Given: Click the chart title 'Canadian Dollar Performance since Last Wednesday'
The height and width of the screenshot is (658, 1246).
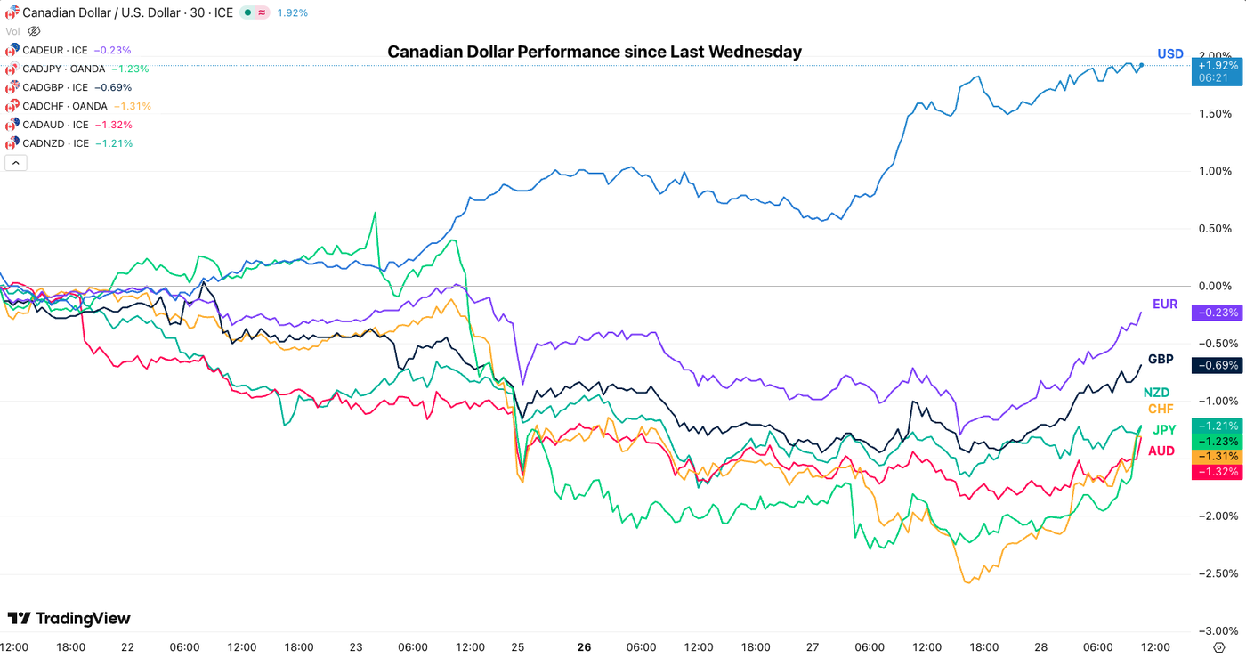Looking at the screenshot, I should [594, 52].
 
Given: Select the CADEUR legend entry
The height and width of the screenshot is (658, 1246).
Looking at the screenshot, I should [55, 50].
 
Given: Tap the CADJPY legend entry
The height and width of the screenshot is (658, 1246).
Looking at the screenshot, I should [62, 69].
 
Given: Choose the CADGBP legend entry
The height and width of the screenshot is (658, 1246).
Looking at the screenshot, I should [55, 87].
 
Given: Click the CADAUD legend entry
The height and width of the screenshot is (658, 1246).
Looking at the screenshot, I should [55, 125].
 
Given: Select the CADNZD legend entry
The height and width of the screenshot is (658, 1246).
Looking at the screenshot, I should [55, 143].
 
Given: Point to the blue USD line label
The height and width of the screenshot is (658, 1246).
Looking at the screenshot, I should [1170, 54].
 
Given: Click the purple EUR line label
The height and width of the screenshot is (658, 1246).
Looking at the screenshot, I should [1164, 305].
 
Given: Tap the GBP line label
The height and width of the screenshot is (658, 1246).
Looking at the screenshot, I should [1161, 360].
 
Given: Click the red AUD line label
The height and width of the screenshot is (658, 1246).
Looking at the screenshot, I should [1161, 451].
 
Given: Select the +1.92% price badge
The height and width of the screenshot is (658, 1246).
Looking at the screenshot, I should [1216, 66].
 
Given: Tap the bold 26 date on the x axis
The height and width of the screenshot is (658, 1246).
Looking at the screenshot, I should [584, 647].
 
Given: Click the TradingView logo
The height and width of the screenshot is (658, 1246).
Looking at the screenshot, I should [69, 618].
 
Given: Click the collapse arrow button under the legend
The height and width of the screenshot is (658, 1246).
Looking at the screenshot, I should [16, 162].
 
